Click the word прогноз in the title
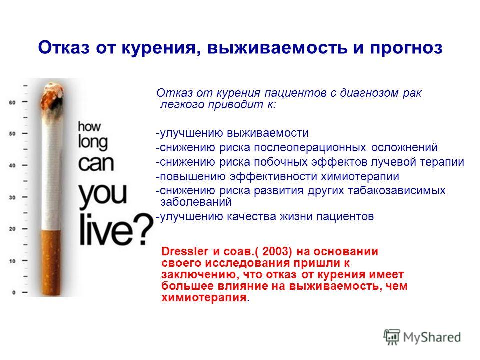pos(406,48)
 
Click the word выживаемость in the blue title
pos(277,48)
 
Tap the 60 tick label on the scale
pos(12,102)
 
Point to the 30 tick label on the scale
pos(12,198)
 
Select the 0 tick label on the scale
pos(14,292)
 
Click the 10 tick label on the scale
pos(12,261)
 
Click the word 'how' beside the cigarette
pos(89,126)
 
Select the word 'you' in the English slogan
pos(103,194)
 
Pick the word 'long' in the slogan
pos(93,142)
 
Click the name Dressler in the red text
pos(185,251)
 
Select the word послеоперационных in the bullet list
pos(310,148)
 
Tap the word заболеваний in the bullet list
pos(196,202)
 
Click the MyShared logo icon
pos(392,337)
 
